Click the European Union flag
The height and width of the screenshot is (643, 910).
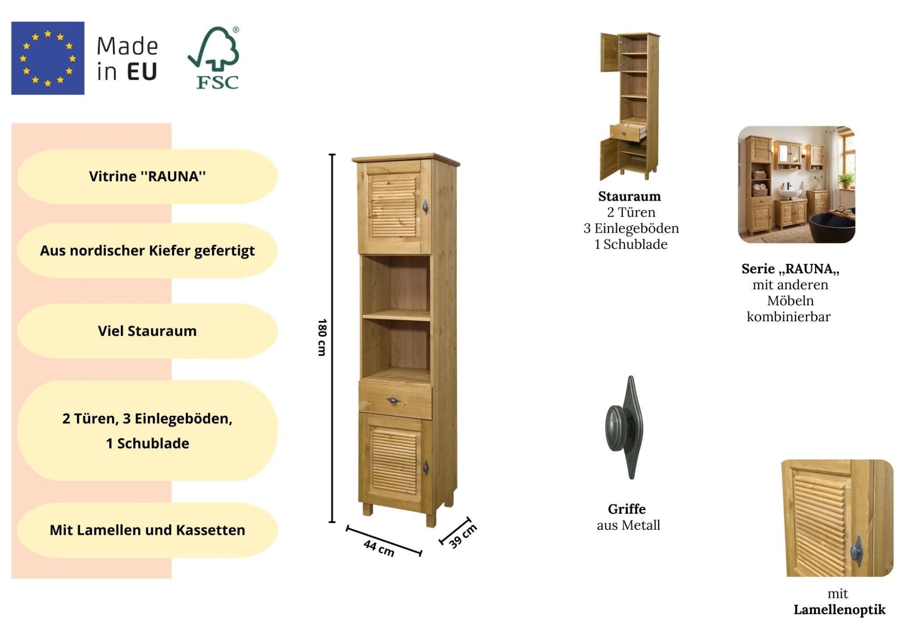[48, 58]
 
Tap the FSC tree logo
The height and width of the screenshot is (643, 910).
[214, 58]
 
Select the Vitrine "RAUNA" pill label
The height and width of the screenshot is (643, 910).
[147, 176]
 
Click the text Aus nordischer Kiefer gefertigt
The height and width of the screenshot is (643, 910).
[147, 250]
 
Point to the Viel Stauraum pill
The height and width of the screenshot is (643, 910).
[147, 331]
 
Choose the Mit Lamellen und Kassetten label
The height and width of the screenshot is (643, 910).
[147, 530]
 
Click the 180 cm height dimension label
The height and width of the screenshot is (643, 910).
[322, 337]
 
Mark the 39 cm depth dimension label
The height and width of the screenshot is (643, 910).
[463, 536]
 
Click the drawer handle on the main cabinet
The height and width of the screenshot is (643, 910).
[394, 400]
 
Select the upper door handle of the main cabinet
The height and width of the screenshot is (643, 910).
[425, 207]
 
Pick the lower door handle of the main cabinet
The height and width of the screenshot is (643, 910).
[426, 467]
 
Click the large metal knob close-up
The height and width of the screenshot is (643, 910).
[624, 427]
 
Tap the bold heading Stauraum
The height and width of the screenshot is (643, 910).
[629, 196]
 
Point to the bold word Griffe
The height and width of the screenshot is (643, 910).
[627, 509]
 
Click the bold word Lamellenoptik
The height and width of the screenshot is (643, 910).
[839, 609]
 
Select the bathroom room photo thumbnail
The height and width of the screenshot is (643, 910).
[796, 184]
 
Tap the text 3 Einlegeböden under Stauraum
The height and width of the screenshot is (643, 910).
[631, 228]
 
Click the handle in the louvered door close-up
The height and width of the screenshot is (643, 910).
[857, 551]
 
